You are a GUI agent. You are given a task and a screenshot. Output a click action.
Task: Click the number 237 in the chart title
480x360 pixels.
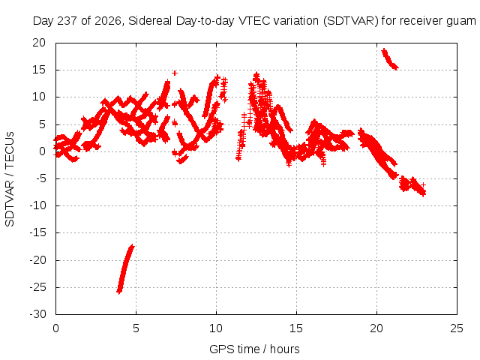click(x=69, y=21)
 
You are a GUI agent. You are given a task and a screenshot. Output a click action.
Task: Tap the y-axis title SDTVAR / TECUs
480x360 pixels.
click(x=10, y=179)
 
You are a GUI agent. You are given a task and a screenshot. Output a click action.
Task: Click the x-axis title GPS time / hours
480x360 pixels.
click(x=254, y=349)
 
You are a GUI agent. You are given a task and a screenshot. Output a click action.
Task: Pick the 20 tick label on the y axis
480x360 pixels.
click(x=39, y=43)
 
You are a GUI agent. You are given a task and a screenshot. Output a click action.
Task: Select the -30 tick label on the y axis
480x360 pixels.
click(x=37, y=314)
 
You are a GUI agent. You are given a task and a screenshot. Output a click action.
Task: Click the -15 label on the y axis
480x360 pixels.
click(x=37, y=232)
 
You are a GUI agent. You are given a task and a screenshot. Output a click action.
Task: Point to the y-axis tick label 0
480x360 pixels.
click(x=42, y=151)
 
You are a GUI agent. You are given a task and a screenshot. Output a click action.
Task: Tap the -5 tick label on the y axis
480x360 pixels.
click(x=41, y=178)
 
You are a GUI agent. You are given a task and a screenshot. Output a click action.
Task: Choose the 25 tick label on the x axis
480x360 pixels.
click(x=457, y=328)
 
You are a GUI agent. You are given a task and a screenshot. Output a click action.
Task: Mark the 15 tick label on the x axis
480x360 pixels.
click(x=296, y=328)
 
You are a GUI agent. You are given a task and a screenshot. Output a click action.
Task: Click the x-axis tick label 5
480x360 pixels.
click(x=136, y=328)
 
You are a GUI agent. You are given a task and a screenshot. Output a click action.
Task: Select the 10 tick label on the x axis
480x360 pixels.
click(x=216, y=328)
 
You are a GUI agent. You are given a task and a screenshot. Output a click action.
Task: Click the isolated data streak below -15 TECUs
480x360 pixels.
click(x=125, y=269)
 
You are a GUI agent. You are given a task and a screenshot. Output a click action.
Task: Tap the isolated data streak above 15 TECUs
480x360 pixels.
click(x=389, y=59)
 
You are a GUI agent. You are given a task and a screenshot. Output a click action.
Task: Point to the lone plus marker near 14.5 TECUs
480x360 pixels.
click(x=175, y=73)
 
